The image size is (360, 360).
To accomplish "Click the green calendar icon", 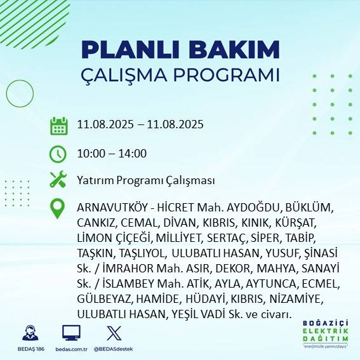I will (x=59, y=125).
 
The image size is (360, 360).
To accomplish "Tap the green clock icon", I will (x=58, y=153).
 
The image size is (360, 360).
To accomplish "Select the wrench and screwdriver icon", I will (x=58, y=180).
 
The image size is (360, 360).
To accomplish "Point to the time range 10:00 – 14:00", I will (x=111, y=153).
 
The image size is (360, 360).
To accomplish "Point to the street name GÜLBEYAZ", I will (x=101, y=300).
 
